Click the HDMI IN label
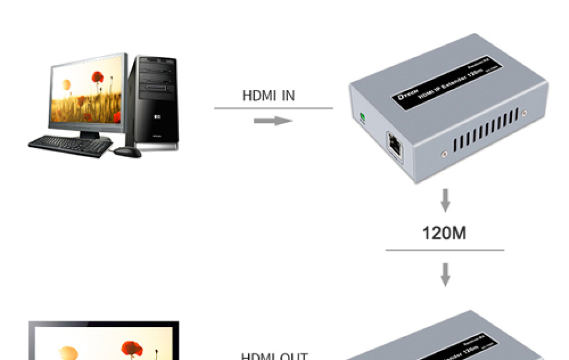tap(268, 95)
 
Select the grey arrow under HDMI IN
tap(273, 121)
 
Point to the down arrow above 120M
tap(445, 200)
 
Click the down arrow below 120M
tap(445, 274)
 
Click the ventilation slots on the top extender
tap(487, 130)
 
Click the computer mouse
tap(127, 152)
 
